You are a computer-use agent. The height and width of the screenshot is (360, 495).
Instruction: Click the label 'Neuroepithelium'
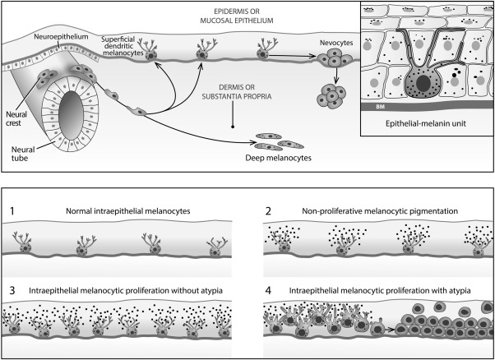tap(47, 37)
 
